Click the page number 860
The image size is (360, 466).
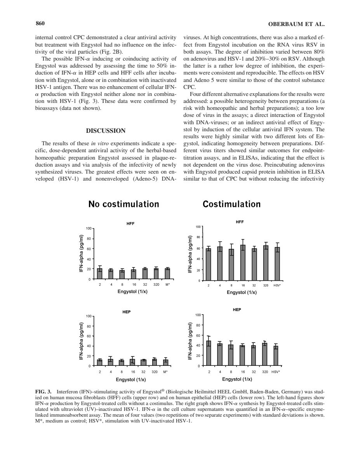pyautogui.click(x=40, y=24)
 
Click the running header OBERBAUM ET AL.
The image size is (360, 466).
pyautogui.click(x=296, y=24)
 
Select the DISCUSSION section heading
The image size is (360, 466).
pyautogui.click(x=105, y=131)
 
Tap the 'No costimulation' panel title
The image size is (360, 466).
pyautogui.click(x=123, y=204)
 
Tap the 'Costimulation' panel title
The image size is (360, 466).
pyautogui.click(x=231, y=204)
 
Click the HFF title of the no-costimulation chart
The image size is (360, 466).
pyautogui.click(x=130, y=224)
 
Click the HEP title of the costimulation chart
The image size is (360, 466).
pyautogui.click(x=237, y=310)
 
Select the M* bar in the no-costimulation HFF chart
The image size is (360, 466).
pyautogui.click(x=167, y=274)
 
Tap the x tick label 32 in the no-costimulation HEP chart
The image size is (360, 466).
pyautogui.click(x=143, y=372)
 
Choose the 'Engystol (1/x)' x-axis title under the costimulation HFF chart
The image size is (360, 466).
pyautogui.click(x=242, y=292)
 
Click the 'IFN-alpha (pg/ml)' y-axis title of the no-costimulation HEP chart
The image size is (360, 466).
pyautogui.click(x=81, y=341)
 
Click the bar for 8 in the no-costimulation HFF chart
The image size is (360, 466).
pyautogui.click(x=122, y=275)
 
